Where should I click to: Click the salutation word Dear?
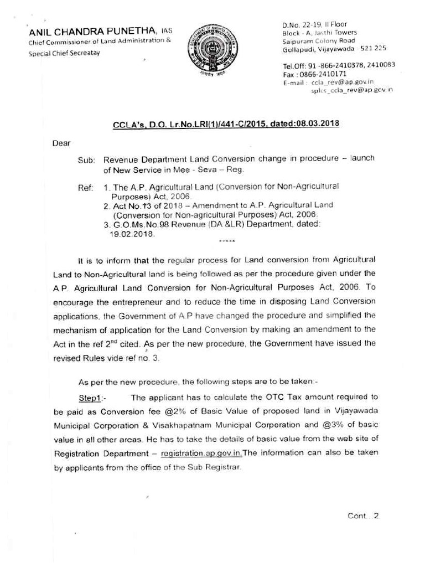[61, 143]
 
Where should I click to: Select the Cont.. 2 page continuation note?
[362, 516]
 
